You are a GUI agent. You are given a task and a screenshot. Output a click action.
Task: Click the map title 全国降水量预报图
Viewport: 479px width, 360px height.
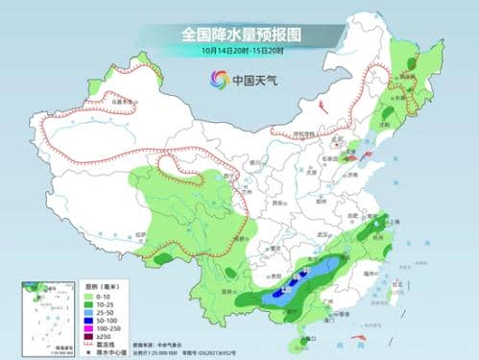[x=239, y=34]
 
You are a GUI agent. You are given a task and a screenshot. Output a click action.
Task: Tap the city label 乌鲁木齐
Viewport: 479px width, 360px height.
[x=119, y=98]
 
